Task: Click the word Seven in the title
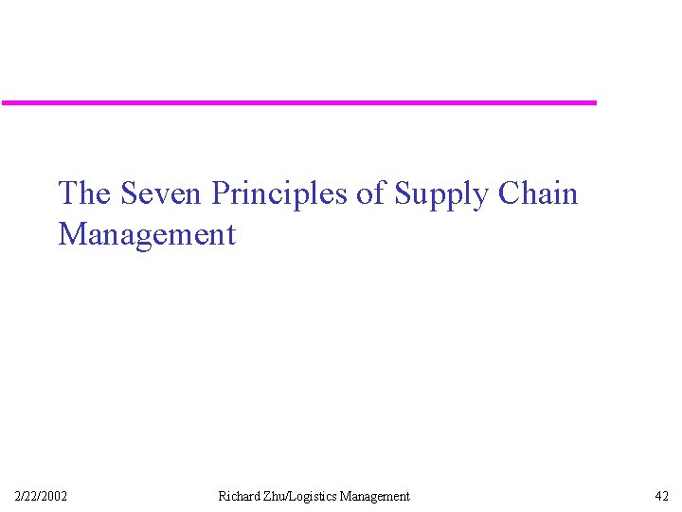click(x=162, y=193)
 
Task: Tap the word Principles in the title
click(x=280, y=193)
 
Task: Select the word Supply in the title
click(x=440, y=195)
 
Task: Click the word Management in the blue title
click(x=147, y=234)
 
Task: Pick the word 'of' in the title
click(x=371, y=193)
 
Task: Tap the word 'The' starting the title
click(x=84, y=193)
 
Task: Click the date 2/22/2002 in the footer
click(x=41, y=496)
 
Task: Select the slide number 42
click(x=661, y=496)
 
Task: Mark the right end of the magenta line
click(x=596, y=102)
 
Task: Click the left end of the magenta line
click(x=3, y=102)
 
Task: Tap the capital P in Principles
click(x=221, y=193)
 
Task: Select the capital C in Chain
click(x=508, y=193)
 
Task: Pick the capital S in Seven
click(x=129, y=193)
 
